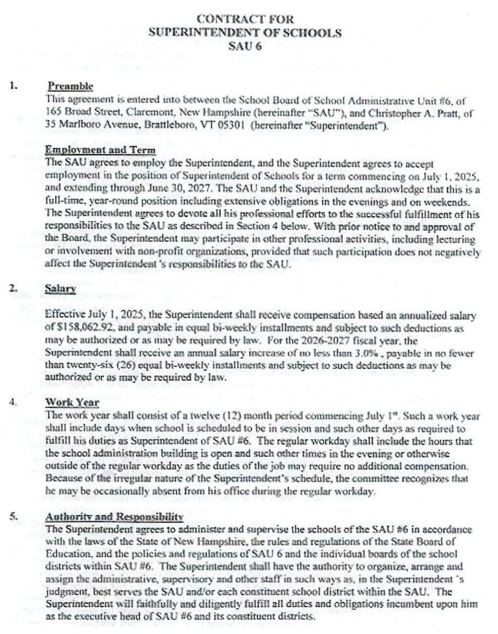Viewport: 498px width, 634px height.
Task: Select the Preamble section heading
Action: pos(70,86)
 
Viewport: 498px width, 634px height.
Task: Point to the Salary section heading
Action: pos(61,289)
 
